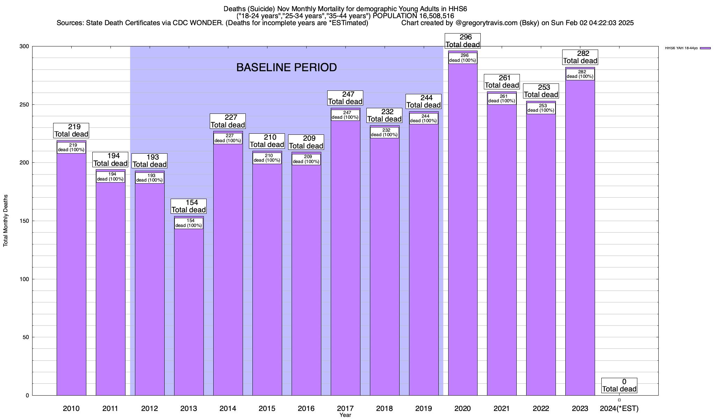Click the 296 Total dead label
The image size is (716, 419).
(x=463, y=41)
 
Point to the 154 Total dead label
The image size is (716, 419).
(x=189, y=206)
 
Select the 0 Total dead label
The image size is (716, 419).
(x=619, y=385)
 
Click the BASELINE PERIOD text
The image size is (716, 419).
(x=286, y=67)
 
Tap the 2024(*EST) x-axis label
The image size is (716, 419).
(x=619, y=408)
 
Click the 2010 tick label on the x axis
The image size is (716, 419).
(x=71, y=408)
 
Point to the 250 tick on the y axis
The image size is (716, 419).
(x=26, y=105)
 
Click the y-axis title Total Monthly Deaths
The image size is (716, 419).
(x=6, y=221)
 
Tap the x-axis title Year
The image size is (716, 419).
(x=345, y=415)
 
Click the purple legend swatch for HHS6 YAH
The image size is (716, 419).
(x=705, y=48)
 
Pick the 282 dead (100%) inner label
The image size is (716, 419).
(x=580, y=74)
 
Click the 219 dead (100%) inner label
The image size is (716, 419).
(x=71, y=148)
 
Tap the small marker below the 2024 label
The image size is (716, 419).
(x=619, y=400)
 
